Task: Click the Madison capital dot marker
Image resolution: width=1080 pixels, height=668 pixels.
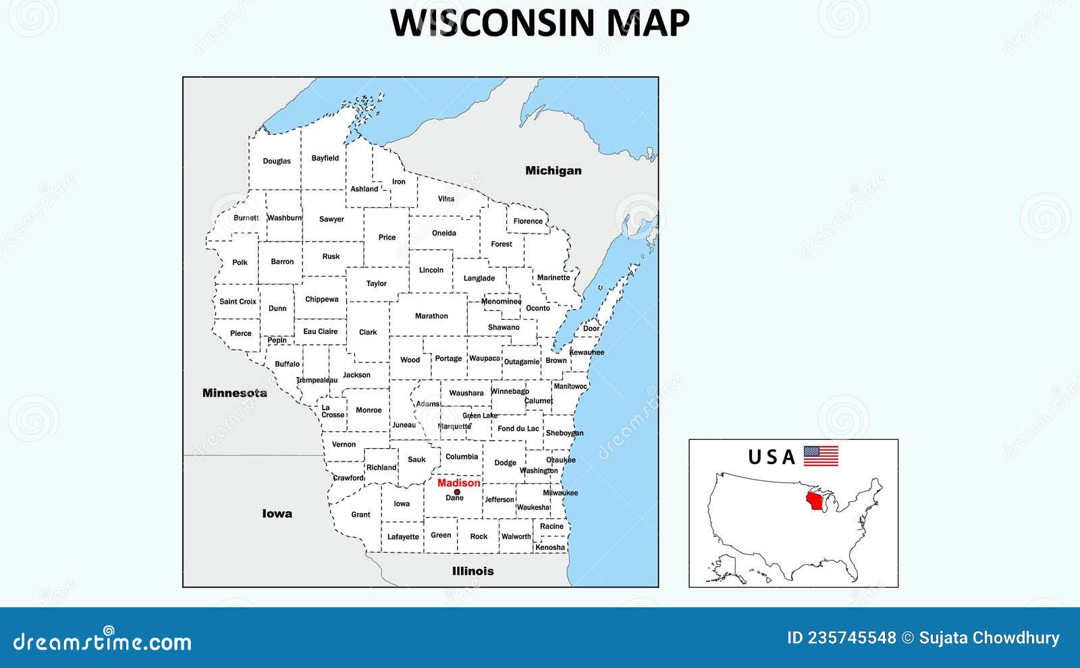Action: click(x=457, y=492)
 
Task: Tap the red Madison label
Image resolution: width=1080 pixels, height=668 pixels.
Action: click(x=459, y=482)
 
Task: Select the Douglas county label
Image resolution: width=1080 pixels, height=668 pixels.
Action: click(x=277, y=161)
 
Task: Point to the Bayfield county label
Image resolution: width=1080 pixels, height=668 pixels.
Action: click(x=325, y=158)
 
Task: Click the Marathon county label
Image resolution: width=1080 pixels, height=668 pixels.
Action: click(x=431, y=316)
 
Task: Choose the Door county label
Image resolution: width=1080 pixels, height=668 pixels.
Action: click(x=591, y=329)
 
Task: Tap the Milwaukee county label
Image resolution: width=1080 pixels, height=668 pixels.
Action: click(x=560, y=493)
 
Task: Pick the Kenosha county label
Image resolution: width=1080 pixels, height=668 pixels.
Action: click(x=550, y=547)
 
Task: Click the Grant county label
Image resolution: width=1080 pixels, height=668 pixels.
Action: click(x=360, y=514)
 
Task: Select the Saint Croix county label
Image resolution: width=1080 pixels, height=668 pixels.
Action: click(x=238, y=302)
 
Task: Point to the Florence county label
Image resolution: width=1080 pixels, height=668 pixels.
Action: click(x=528, y=221)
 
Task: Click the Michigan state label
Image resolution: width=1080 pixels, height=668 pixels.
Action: click(x=553, y=171)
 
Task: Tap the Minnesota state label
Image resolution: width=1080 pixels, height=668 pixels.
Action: click(x=235, y=393)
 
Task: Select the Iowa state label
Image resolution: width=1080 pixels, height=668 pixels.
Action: click(x=277, y=513)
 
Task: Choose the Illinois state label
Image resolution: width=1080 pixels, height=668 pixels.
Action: click(x=473, y=571)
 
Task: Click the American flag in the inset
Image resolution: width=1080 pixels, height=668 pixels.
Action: click(x=821, y=456)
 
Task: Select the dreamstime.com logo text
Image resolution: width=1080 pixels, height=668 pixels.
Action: click(x=103, y=641)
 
